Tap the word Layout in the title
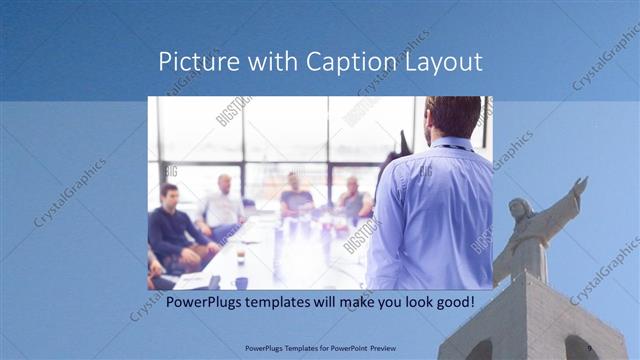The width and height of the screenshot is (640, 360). point(443,62)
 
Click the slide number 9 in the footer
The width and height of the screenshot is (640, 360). point(591,348)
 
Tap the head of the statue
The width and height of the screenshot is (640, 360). point(520,210)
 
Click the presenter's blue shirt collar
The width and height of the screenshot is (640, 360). point(452,142)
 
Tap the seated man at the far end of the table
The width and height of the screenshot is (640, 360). point(295,195)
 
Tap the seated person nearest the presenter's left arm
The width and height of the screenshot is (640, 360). point(352,200)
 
